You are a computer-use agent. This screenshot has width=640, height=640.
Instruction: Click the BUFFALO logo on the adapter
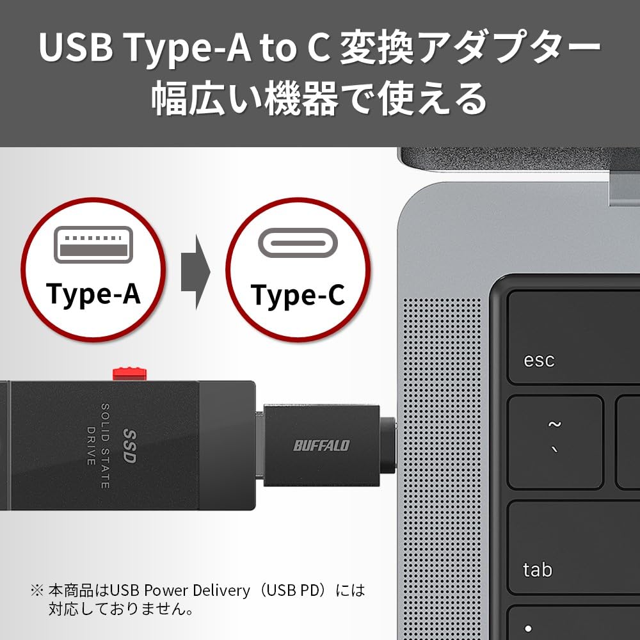(x=321, y=445)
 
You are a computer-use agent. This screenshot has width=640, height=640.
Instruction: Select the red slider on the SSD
(x=130, y=372)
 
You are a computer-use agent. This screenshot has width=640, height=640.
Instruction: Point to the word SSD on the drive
(x=129, y=446)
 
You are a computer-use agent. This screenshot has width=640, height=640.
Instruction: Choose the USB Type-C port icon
(x=298, y=245)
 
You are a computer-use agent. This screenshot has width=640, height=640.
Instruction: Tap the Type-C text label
(x=298, y=294)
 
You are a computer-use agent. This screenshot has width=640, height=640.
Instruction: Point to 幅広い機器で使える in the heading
(x=320, y=99)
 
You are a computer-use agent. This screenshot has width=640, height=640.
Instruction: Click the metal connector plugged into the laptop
(x=388, y=445)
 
